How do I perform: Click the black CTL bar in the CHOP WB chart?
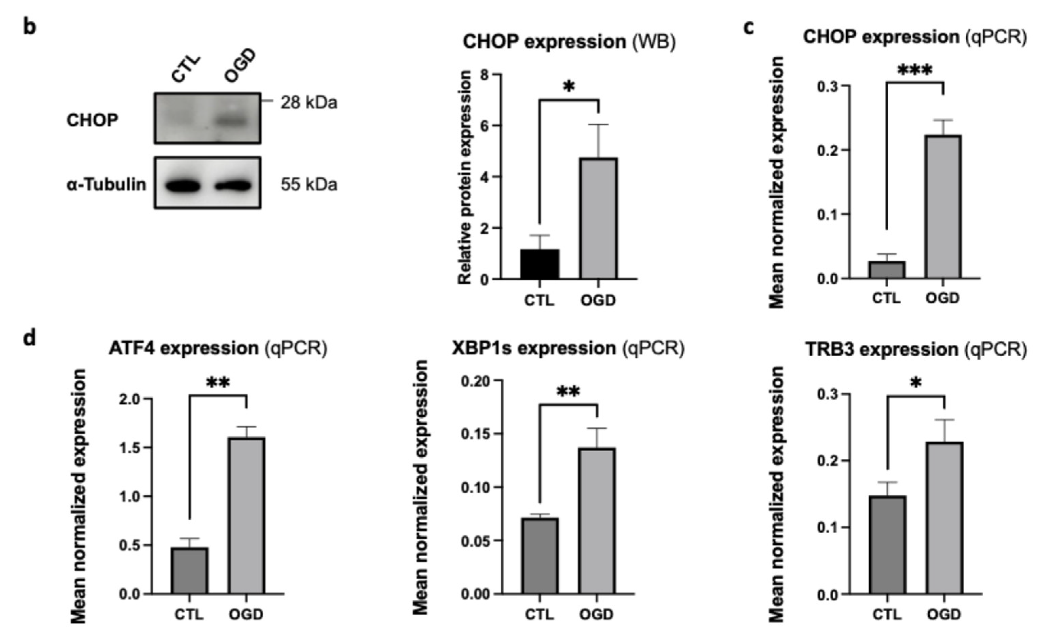click(539, 264)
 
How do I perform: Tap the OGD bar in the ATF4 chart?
click(247, 516)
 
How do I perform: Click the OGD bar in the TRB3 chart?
click(944, 518)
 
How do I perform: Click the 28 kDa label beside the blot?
click(309, 103)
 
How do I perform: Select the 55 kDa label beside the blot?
click(309, 185)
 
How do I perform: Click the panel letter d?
click(29, 338)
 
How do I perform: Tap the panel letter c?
click(748, 27)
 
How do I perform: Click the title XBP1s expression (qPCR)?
click(568, 348)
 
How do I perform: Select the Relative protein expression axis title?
click(465, 177)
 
